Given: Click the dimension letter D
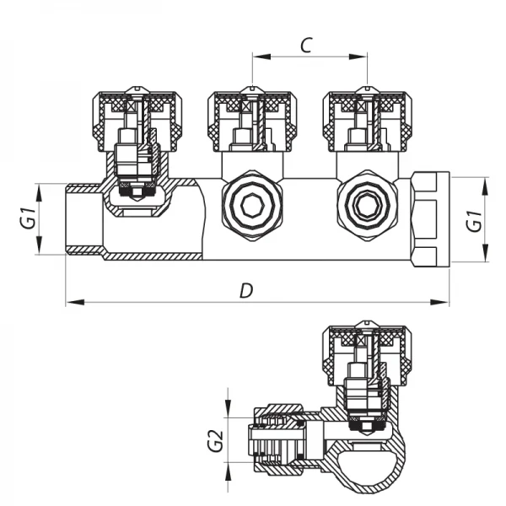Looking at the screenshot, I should coord(245,290).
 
